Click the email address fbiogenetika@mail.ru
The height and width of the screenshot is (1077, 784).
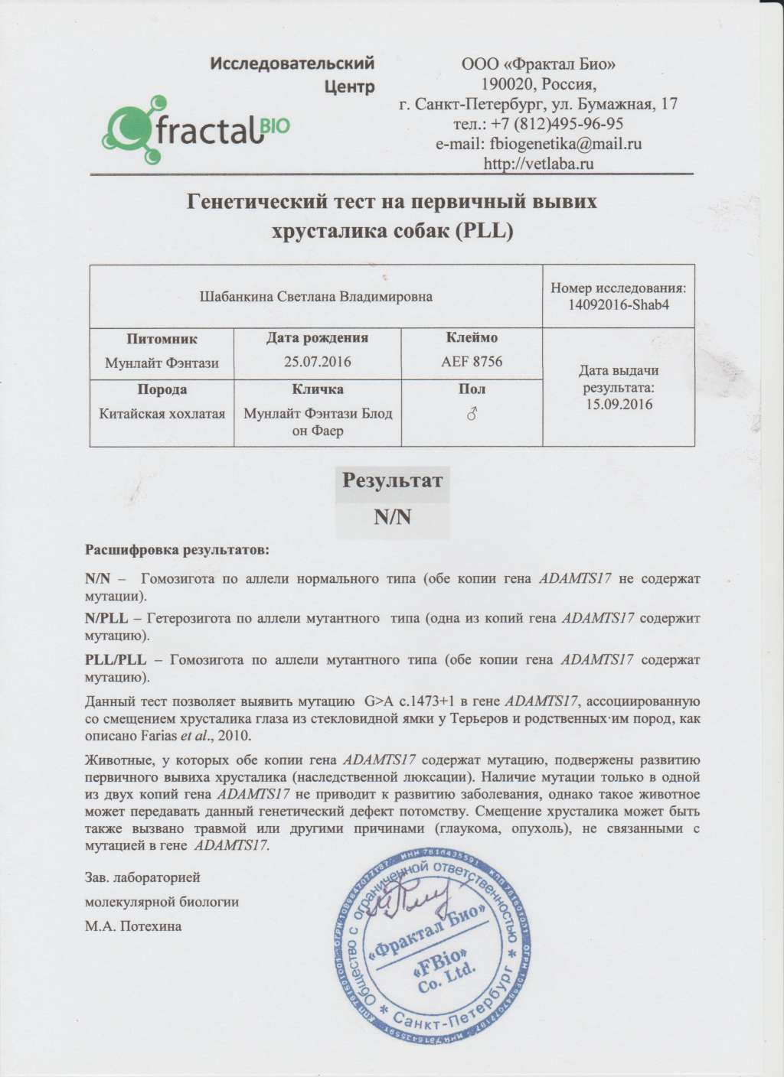click(538, 143)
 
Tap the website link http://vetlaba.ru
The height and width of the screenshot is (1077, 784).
click(539, 163)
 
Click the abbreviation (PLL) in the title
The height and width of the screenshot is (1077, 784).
click(482, 229)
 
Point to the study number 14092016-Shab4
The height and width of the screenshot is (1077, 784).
click(619, 304)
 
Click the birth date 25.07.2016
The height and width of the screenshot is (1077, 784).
click(317, 361)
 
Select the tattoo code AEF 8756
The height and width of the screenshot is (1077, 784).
click(472, 361)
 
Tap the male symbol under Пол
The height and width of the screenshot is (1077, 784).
click(472, 413)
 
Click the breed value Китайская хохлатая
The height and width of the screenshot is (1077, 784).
click(162, 413)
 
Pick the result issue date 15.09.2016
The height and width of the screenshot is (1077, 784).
click(619, 404)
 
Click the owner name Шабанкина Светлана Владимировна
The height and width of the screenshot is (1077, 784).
click(315, 296)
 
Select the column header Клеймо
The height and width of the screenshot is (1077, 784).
click(472, 337)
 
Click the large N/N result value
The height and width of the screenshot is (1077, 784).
click(393, 517)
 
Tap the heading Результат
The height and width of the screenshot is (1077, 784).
click(392, 480)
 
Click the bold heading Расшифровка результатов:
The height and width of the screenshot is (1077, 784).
click(177, 550)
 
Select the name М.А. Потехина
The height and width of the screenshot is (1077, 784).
click(133, 926)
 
